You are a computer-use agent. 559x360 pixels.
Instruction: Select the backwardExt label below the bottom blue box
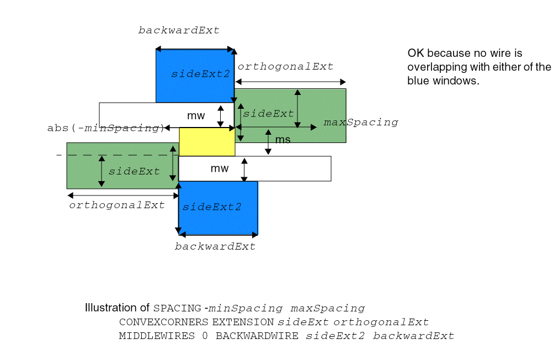click(x=215, y=246)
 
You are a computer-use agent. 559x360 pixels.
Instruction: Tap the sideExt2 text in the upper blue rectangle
click(x=200, y=73)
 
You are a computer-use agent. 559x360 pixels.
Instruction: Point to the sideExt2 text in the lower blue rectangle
click(x=212, y=207)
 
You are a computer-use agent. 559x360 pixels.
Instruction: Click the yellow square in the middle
click(x=207, y=141)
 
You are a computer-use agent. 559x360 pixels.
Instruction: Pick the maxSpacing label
click(x=360, y=122)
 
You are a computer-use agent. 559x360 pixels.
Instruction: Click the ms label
click(x=283, y=140)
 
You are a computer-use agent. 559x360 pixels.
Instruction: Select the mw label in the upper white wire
click(x=196, y=116)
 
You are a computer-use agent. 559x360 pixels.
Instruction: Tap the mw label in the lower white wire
click(x=219, y=168)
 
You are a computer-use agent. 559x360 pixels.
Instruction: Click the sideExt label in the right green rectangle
click(x=268, y=114)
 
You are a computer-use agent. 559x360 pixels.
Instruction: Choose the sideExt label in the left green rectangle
click(x=134, y=171)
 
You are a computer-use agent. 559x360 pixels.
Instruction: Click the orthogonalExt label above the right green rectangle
click(x=285, y=66)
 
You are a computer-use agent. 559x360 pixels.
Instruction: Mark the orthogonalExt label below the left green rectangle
click(x=116, y=205)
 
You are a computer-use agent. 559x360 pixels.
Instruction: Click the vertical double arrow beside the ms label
click(x=268, y=142)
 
